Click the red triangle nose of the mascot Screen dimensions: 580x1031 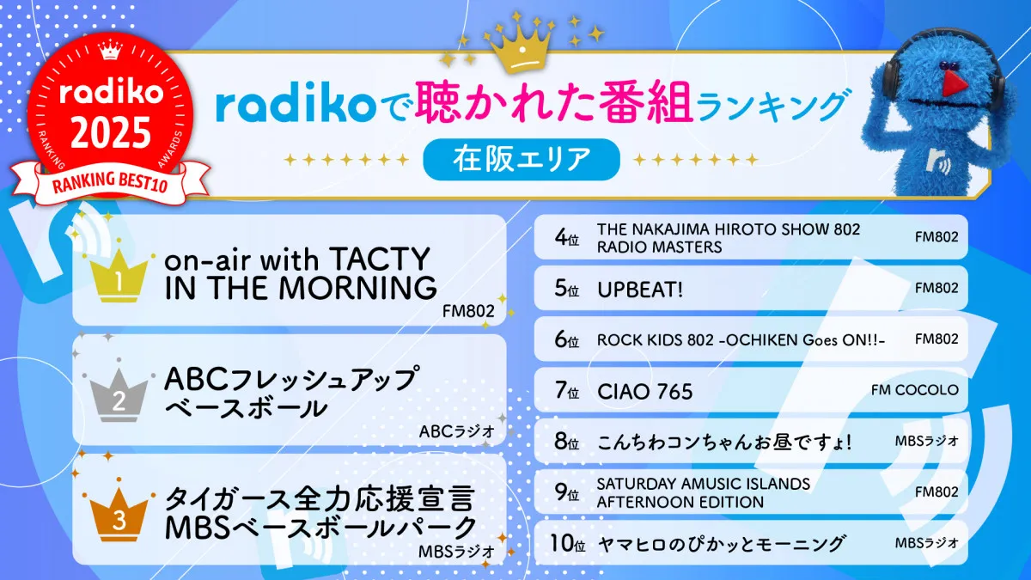pos(949,80)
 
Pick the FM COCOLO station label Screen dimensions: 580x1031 pos(914,391)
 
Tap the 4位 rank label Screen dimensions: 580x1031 pos(566,238)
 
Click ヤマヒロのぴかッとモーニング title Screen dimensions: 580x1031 pos(721,544)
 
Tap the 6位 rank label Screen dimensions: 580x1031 pos(566,340)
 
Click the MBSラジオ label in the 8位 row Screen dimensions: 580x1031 pos(926,443)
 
